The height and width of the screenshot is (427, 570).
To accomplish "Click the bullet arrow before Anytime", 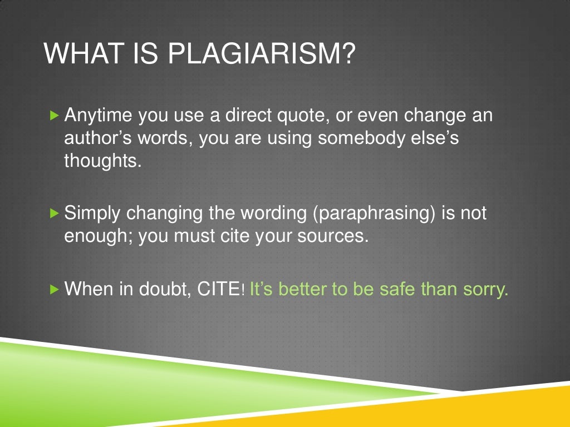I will click(53, 116).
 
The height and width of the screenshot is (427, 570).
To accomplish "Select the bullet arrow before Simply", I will click(53, 213).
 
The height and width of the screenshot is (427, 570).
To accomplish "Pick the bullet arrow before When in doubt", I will click(53, 289).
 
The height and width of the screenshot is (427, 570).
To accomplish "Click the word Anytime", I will click(99, 117).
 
